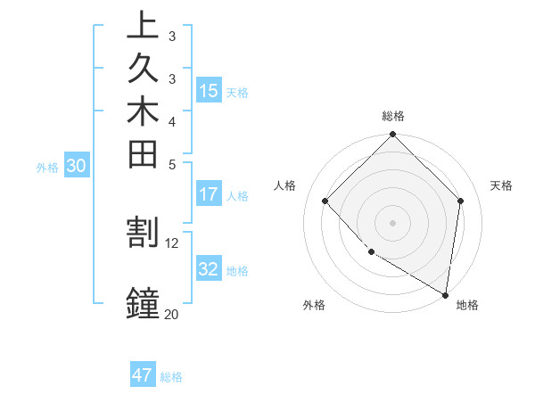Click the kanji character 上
point(143,25)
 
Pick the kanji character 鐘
point(143,301)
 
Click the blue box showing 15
point(209,90)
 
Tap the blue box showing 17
point(209,194)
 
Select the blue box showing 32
point(209,269)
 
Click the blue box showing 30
point(77,165)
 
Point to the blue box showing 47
point(143,375)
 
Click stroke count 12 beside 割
point(171,242)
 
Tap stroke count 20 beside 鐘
point(171,313)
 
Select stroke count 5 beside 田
point(171,163)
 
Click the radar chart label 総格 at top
point(392,116)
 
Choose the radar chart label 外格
point(314,306)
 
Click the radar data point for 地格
point(445,294)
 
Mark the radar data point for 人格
point(325,201)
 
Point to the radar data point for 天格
point(460,201)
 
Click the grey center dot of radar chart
point(392,222)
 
